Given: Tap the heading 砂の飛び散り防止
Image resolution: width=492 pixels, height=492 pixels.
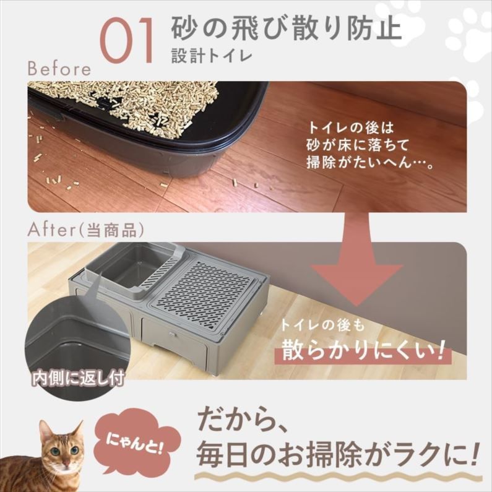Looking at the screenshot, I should tap(287, 27).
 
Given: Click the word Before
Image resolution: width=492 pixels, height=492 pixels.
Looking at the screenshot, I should tap(59, 68).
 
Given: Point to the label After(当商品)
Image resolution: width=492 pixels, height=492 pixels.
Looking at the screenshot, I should tap(86, 230).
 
